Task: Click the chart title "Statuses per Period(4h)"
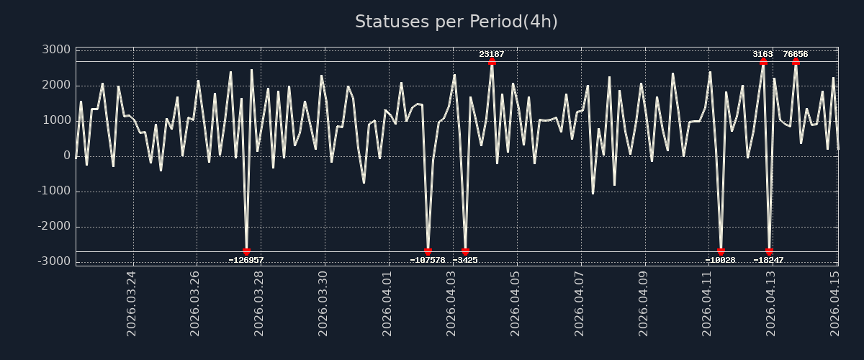456,22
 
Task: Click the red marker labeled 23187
492,61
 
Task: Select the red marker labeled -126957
246,252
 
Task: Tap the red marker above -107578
428,252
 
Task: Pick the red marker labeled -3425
465,252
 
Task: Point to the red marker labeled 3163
763,61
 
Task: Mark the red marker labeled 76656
796,61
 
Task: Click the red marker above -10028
721,252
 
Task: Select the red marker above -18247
769,252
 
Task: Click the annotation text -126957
246,261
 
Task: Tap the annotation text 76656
796,54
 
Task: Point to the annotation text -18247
769,261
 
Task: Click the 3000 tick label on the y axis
55,50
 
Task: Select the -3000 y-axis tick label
53,261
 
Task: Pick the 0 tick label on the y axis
67,156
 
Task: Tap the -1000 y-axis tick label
53,191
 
